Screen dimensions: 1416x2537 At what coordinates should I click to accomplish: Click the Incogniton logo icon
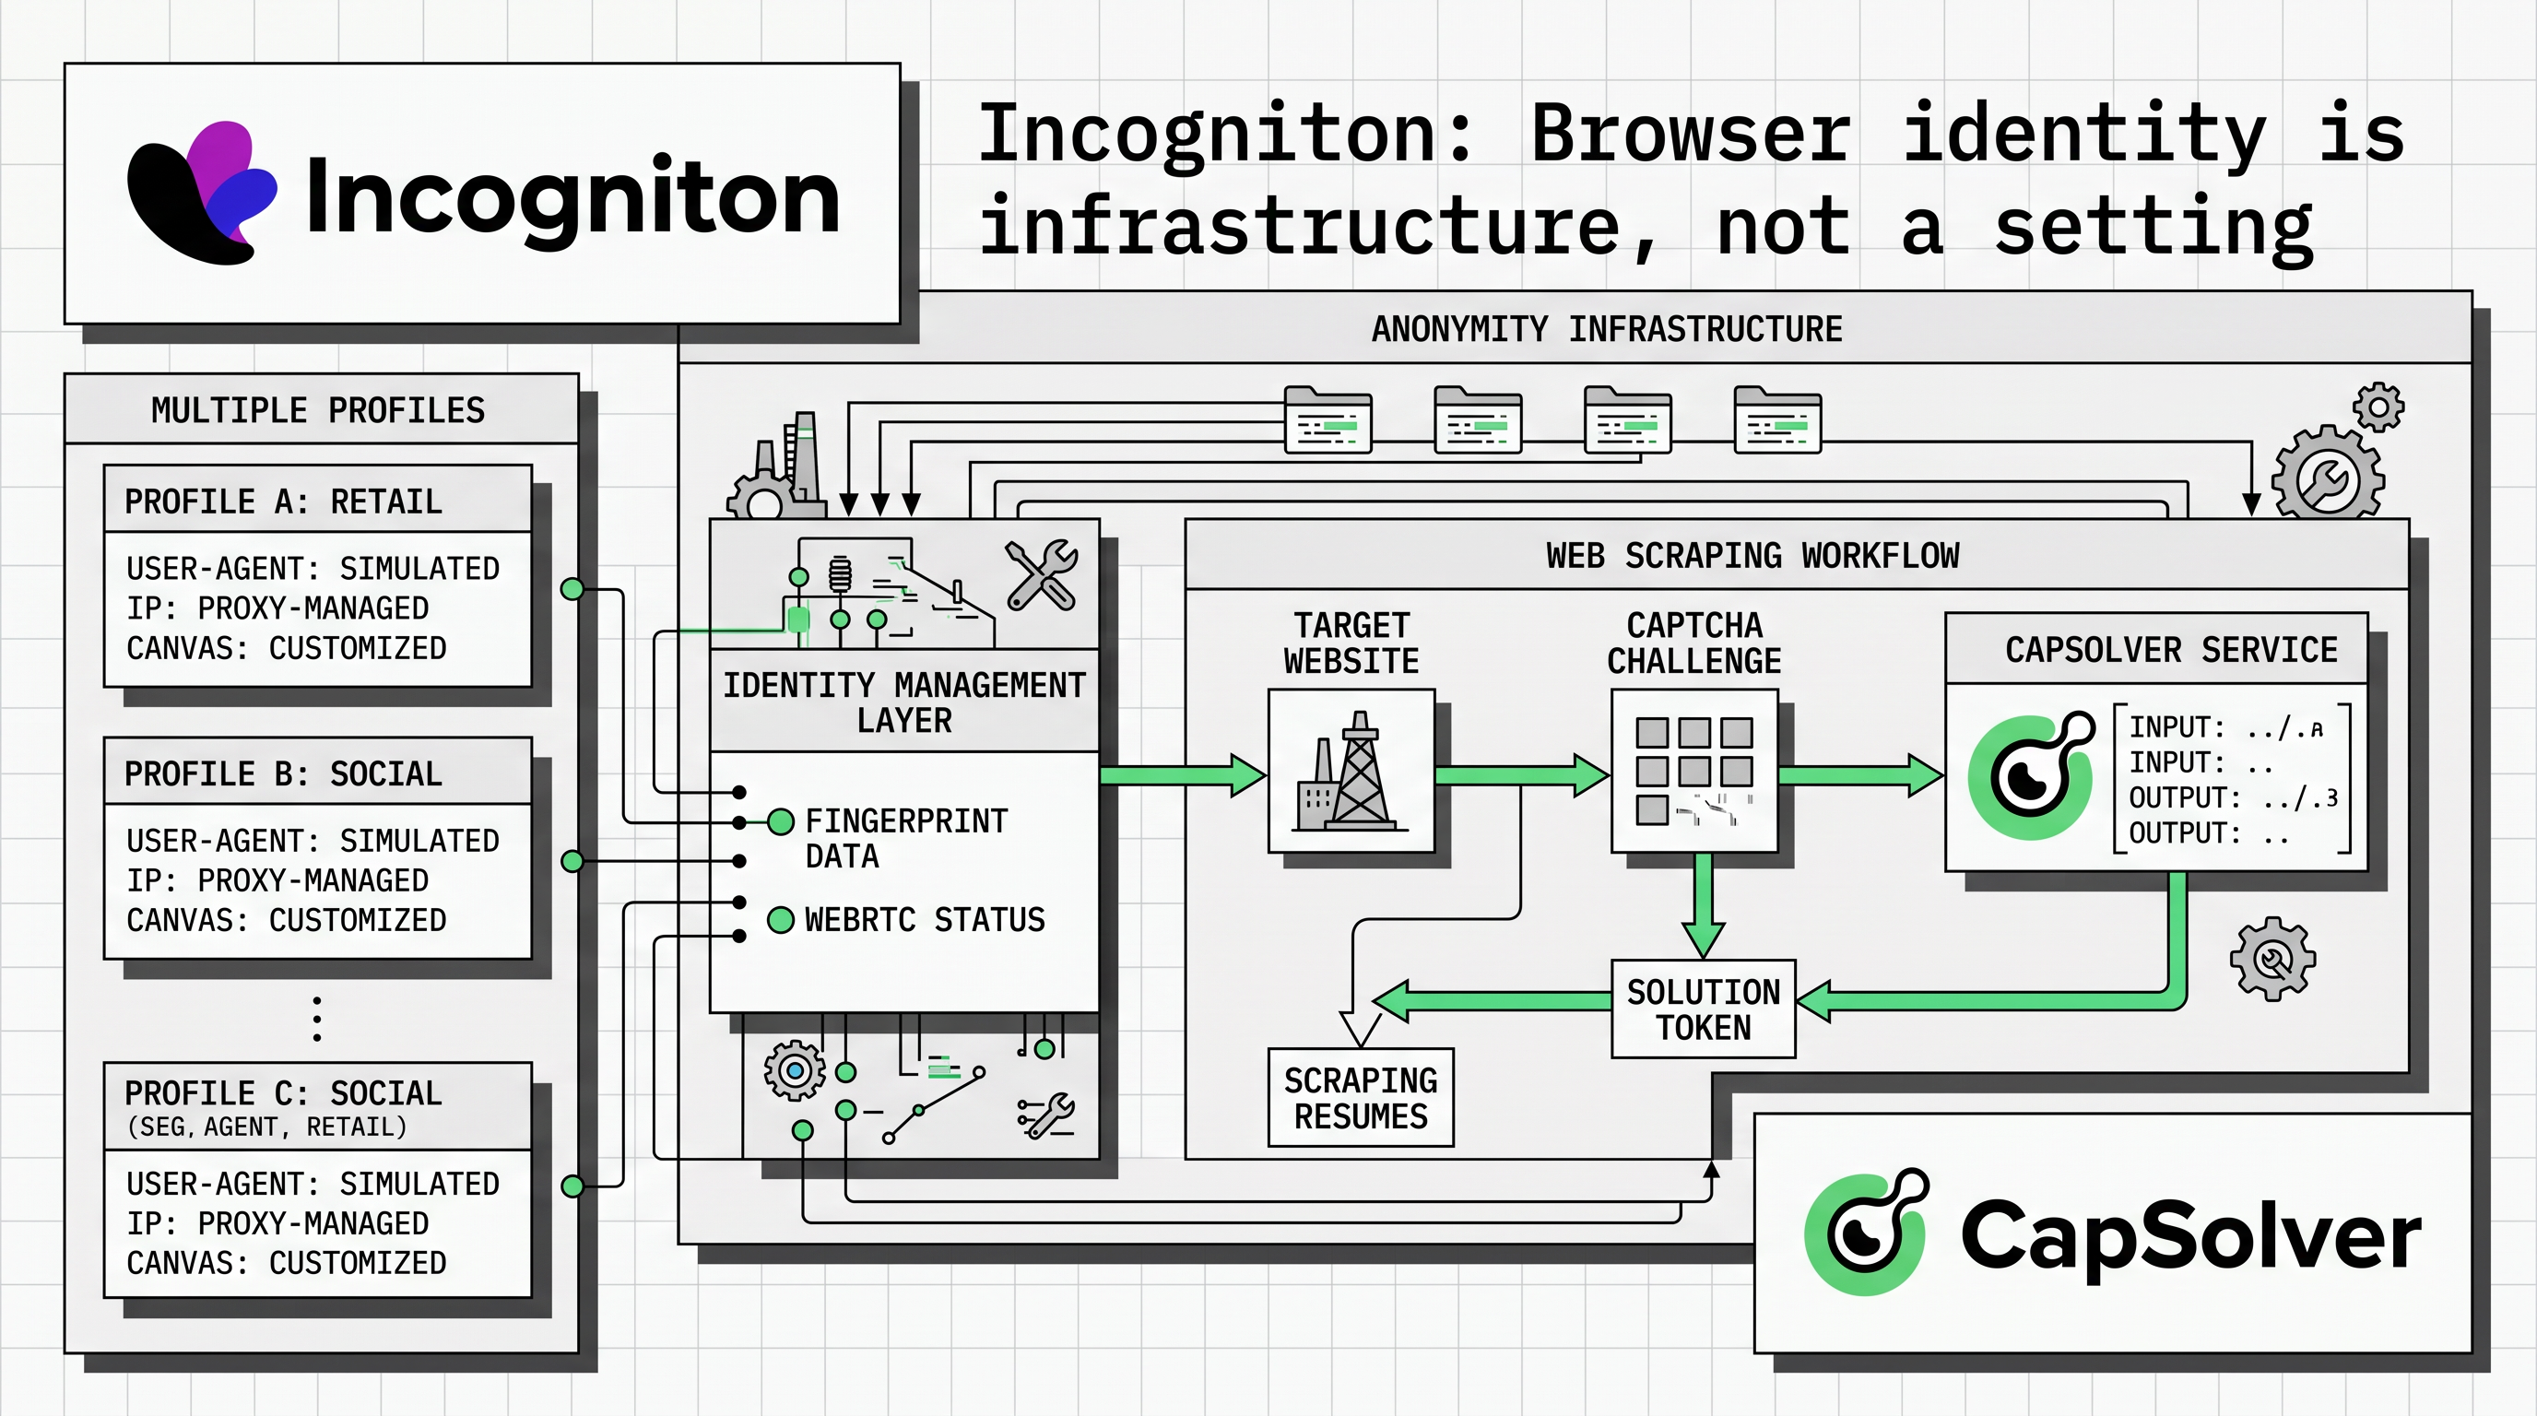point(202,193)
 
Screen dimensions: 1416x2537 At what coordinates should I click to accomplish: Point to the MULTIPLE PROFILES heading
point(318,409)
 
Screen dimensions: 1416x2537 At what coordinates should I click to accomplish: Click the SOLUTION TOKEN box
point(1703,1009)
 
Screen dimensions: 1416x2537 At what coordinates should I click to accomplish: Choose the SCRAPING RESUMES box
point(1360,1098)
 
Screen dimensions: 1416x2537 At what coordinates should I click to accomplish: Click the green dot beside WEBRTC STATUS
point(781,920)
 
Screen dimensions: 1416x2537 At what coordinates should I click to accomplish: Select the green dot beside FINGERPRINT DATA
point(781,821)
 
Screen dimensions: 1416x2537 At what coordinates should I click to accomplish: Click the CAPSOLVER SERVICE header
point(2171,650)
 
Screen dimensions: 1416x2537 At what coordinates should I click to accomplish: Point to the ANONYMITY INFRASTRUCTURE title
point(1606,329)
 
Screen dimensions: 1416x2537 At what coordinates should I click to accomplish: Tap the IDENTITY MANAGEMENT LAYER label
point(903,702)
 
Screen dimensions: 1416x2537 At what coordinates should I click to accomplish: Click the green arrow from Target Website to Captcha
point(1522,776)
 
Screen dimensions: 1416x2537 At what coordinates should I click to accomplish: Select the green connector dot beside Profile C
point(572,1186)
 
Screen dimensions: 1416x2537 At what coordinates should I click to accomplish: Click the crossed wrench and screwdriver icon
point(1042,575)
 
